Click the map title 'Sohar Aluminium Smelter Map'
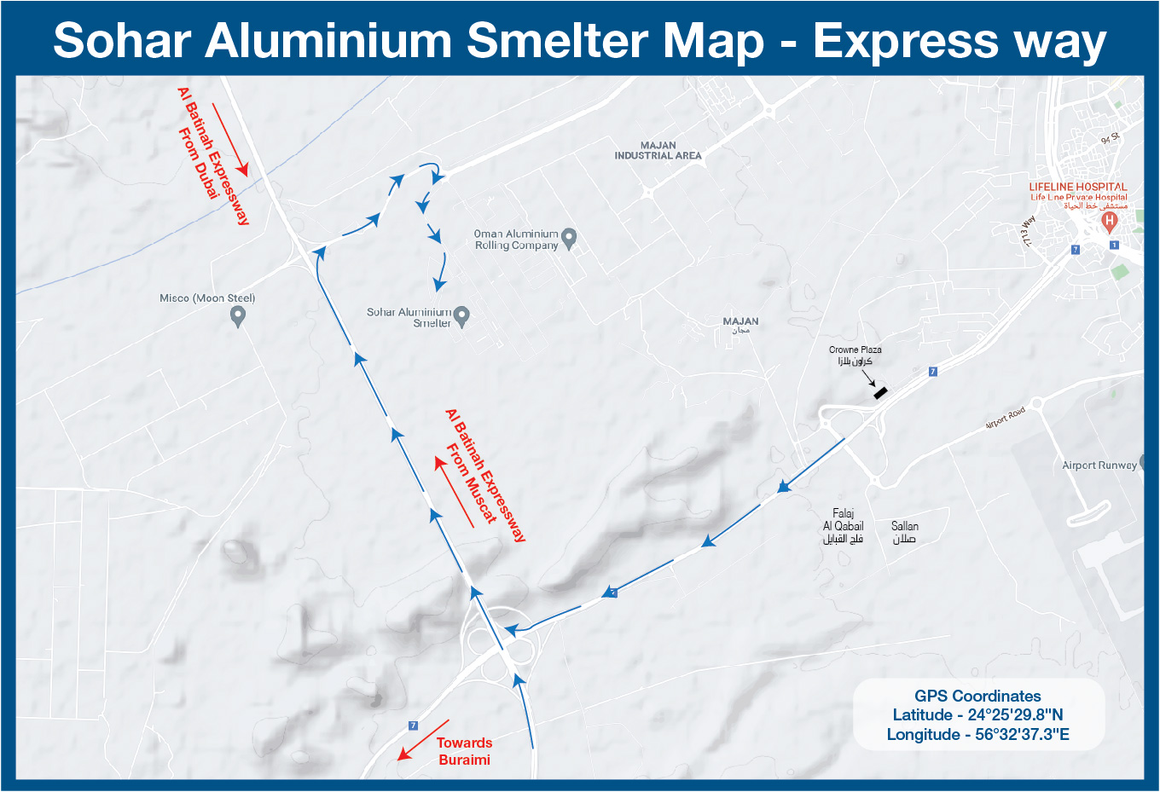(409, 41)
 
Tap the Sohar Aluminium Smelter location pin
(461, 317)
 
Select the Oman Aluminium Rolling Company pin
(570, 239)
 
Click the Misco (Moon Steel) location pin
(239, 316)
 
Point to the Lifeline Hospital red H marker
(1109, 223)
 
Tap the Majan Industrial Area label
(658, 151)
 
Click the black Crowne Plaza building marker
(880, 393)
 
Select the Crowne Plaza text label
(855, 350)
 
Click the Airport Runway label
(1099, 465)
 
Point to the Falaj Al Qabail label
(843, 526)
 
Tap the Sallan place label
(904, 532)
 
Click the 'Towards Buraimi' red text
(464, 751)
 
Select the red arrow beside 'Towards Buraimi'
(422, 739)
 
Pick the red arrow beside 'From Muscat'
(454, 492)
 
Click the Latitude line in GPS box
(977, 715)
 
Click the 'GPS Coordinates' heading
(977, 696)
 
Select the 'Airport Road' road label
(1005, 419)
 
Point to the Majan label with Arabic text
(740, 325)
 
